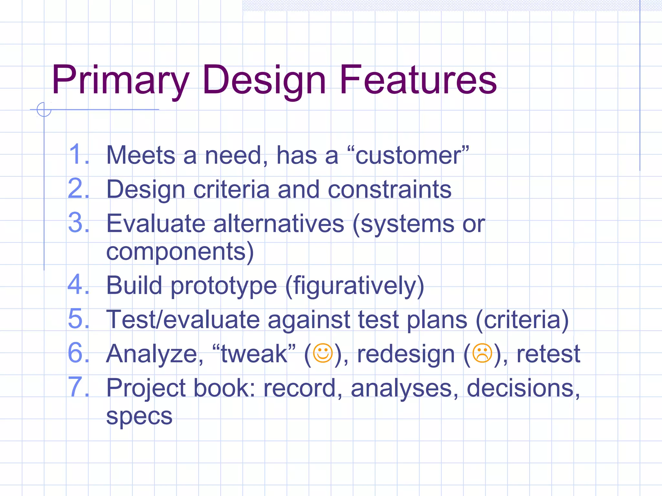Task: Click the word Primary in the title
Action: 120,81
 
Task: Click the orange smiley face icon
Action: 323,353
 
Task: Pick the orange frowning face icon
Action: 482,353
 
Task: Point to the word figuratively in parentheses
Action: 354,286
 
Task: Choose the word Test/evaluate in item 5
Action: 183,320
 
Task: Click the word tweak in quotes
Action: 254,354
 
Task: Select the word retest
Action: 548,354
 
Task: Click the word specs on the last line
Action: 139,417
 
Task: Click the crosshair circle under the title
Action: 44,109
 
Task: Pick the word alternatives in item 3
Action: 279,223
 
